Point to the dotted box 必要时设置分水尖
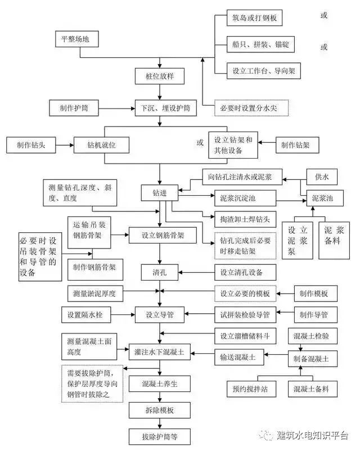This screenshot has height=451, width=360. tap(254, 107)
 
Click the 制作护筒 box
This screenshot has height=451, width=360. tap(73, 107)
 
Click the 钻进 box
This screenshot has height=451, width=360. tap(160, 193)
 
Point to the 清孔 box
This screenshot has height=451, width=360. tap(160, 273)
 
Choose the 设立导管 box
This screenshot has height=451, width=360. tap(159, 313)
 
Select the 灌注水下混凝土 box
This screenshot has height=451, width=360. tap(160, 353)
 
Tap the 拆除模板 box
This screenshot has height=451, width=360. tap(160, 410)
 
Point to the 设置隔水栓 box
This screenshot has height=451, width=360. tap(90, 313)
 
